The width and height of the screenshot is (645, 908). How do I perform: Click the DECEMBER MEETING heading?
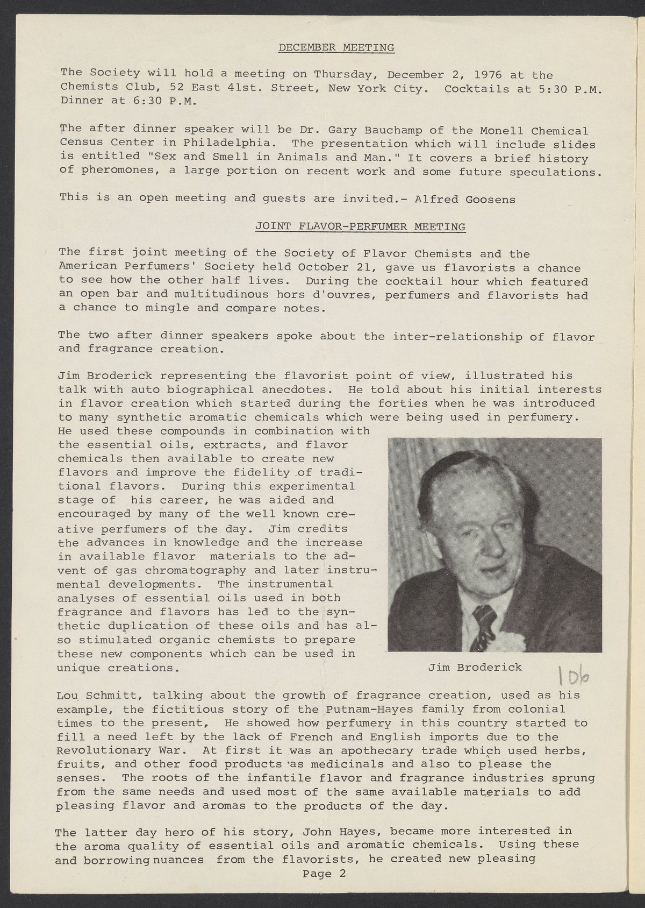tap(336, 48)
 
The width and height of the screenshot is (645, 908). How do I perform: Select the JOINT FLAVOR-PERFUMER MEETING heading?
tap(360, 226)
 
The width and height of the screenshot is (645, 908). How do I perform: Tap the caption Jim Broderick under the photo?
tap(475, 667)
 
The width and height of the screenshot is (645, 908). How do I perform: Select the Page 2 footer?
tap(325, 874)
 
